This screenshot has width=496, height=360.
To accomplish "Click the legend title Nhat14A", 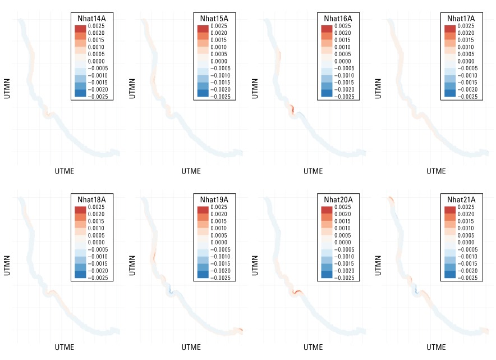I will (91, 18).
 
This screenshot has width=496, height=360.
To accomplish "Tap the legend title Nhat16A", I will (338, 18).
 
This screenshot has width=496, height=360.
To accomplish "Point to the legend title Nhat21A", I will (461, 199).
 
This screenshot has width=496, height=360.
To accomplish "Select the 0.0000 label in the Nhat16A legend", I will (341, 61).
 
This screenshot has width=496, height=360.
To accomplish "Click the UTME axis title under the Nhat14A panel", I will (65, 171).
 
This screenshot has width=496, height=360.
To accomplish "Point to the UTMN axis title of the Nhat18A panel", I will (7, 266).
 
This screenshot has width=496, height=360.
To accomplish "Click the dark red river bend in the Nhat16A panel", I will (291, 109).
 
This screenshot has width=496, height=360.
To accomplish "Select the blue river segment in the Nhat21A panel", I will (415, 290).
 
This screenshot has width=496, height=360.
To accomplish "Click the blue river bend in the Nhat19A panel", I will (170, 290).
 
